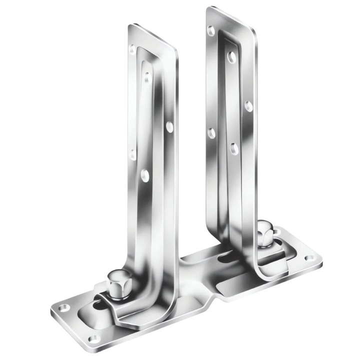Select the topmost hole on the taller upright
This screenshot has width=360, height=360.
click(211, 30)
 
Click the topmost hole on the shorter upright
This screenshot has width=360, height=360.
click(132, 49)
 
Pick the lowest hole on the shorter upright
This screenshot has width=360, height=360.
click(145, 174)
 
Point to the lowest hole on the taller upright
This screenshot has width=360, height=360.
click(234, 148)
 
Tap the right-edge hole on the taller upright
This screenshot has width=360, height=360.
click(248, 106)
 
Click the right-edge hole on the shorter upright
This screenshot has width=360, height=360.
click(170, 127)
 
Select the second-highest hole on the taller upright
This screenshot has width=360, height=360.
click(231, 57)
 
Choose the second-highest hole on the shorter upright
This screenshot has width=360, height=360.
click(146, 76)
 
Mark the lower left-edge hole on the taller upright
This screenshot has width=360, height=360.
click(211, 133)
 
